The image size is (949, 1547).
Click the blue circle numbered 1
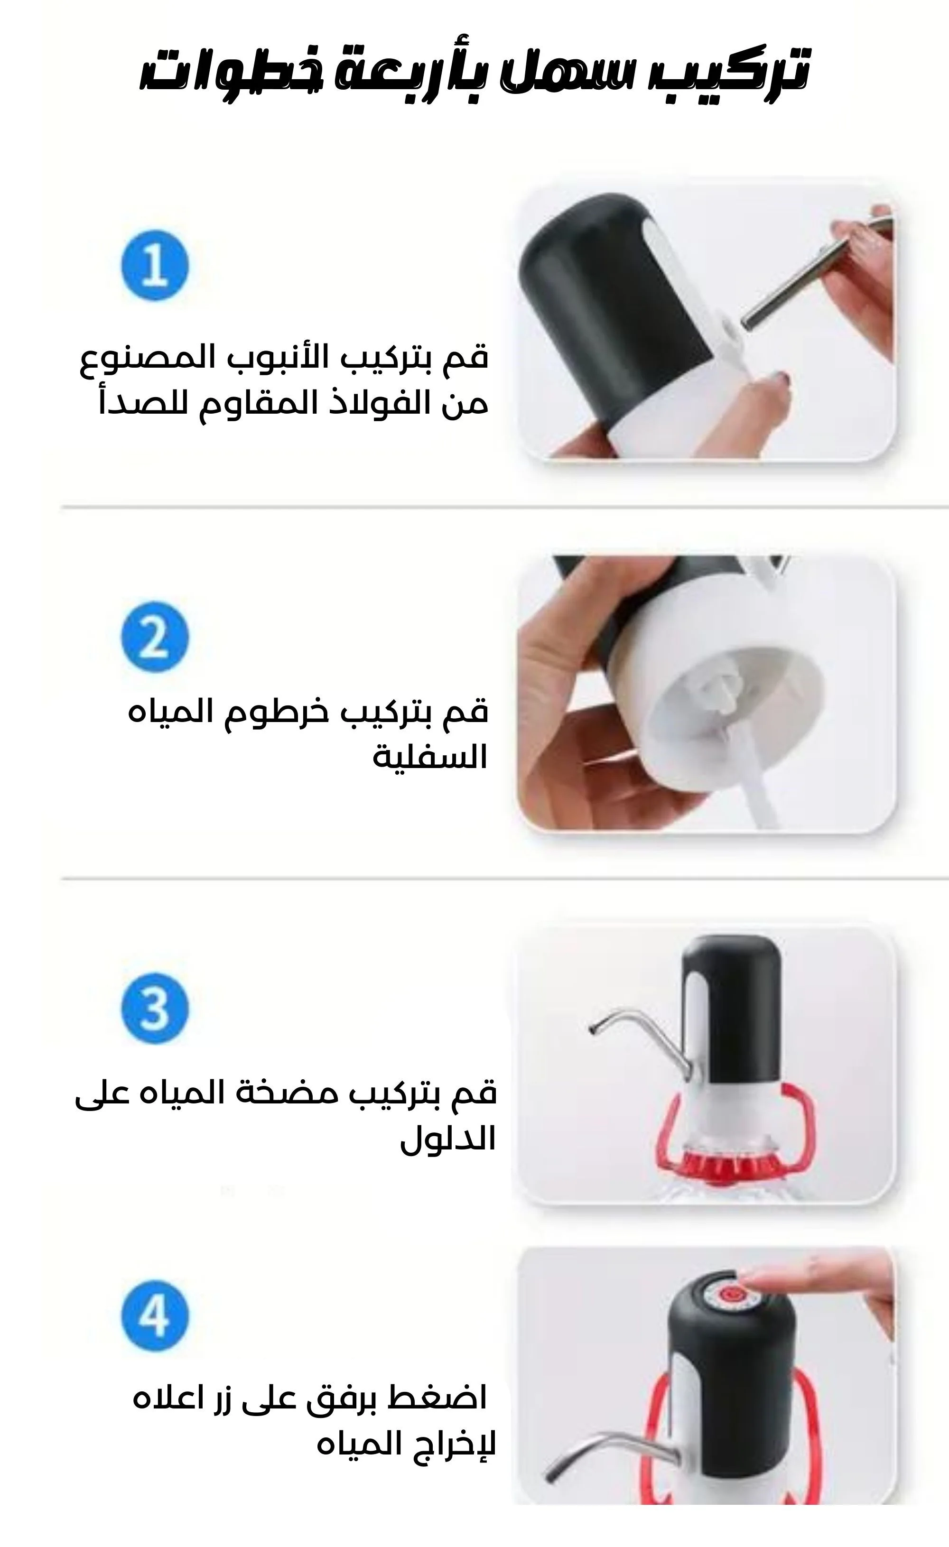point(155,265)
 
